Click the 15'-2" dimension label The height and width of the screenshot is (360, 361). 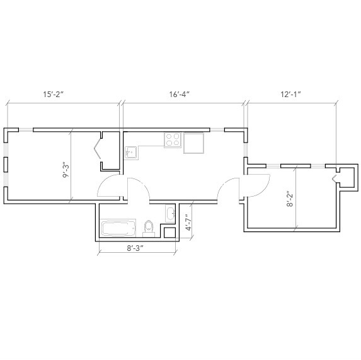(x=54, y=94)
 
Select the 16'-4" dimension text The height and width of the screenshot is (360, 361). (x=179, y=94)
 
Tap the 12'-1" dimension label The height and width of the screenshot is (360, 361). (x=290, y=94)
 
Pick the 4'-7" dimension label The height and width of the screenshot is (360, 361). (x=187, y=223)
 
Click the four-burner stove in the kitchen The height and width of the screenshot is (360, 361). (x=173, y=140)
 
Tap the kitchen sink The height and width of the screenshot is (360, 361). (x=132, y=152)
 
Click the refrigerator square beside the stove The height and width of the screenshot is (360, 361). (x=193, y=143)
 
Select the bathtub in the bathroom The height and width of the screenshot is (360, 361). (x=118, y=228)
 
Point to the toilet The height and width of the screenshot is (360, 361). (x=149, y=227)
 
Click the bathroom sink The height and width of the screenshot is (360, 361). (x=170, y=213)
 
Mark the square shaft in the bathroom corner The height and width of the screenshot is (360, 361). (x=169, y=233)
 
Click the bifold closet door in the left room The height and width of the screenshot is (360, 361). (x=97, y=150)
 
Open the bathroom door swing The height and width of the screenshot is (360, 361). (x=139, y=189)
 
